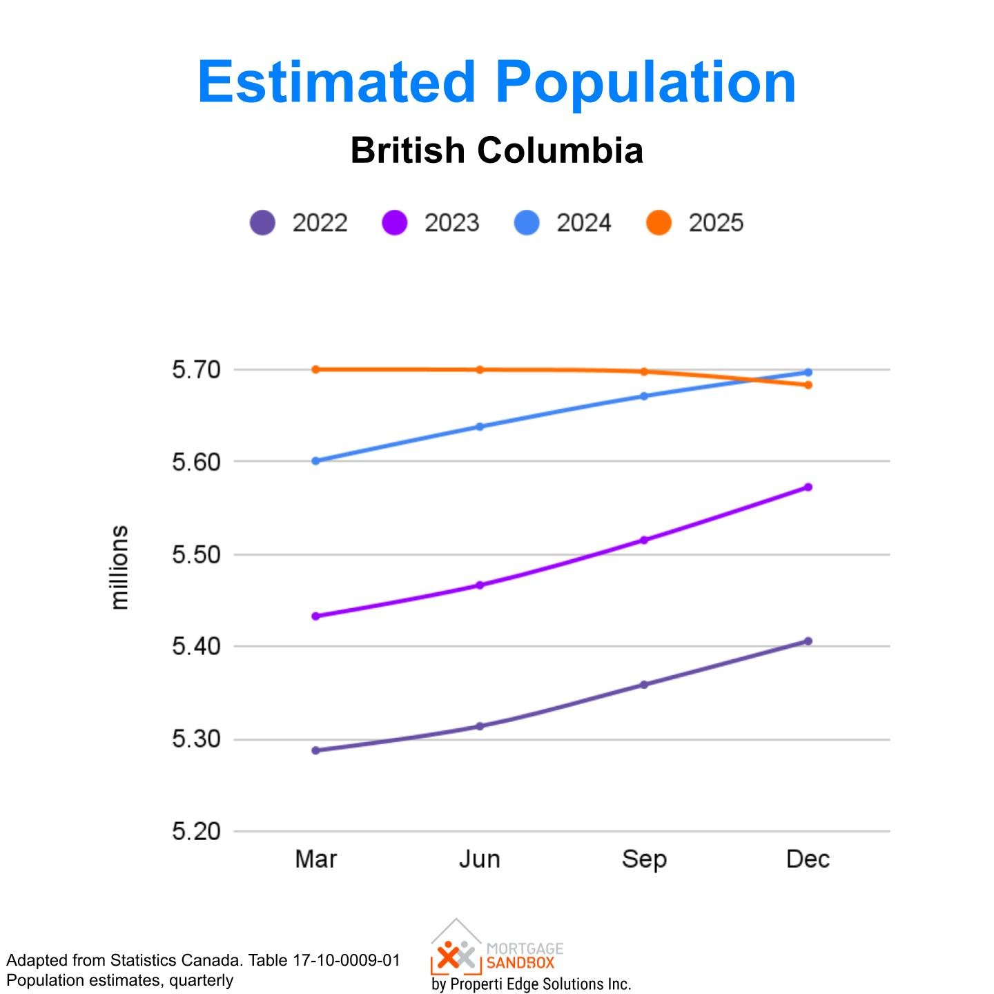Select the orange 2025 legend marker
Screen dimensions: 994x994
point(659,223)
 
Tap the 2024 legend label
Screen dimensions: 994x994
point(583,223)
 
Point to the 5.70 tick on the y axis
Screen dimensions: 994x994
point(196,370)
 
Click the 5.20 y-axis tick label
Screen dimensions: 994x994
point(196,831)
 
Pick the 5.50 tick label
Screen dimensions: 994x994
point(196,554)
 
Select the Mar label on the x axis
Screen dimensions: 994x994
point(316,859)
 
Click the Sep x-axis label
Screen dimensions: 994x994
point(644,859)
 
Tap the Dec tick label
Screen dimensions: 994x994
point(808,859)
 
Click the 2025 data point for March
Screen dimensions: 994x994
point(316,369)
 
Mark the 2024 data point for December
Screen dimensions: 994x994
point(808,373)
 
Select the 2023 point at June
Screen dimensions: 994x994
point(480,585)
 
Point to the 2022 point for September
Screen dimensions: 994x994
point(644,685)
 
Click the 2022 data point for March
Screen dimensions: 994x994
point(316,750)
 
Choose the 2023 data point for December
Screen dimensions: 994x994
point(808,487)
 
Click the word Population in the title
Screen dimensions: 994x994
point(645,83)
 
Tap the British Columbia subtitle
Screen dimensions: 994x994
point(497,150)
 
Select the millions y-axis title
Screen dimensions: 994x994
point(119,567)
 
